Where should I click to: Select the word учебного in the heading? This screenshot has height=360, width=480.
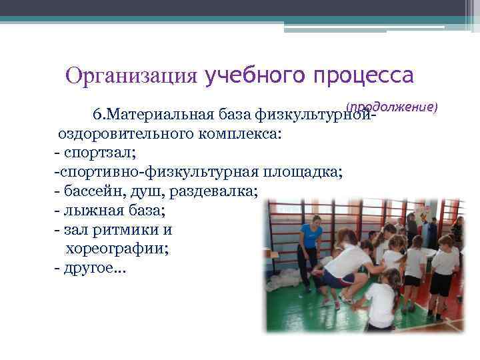click(x=256, y=75)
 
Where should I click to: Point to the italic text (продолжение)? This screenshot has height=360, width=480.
click(x=391, y=107)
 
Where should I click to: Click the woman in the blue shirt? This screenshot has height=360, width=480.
click(x=311, y=239)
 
